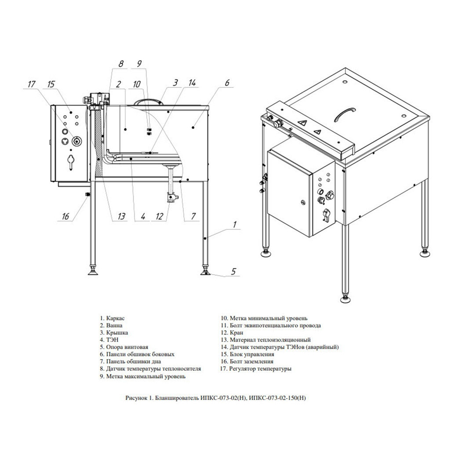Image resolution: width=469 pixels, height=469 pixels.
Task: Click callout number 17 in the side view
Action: tap(31, 84)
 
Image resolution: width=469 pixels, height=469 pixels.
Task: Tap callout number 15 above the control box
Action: tap(51, 84)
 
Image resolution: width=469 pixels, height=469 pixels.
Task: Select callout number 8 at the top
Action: tap(121, 64)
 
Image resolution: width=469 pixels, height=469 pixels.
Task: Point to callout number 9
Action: tap(139, 64)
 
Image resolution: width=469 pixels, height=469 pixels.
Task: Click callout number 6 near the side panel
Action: tap(227, 82)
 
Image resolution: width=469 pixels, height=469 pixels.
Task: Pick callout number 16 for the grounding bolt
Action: tap(65, 216)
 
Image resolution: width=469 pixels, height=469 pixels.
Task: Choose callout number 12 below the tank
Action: tap(160, 216)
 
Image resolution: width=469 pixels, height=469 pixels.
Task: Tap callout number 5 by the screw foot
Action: tap(233, 271)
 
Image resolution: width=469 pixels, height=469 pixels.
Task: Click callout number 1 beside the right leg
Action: tap(235, 224)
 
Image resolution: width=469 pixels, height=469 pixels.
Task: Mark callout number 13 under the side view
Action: tap(121, 216)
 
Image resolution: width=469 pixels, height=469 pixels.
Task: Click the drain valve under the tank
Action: tap(172, 198)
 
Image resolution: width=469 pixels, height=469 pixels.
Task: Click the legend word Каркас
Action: tap(116, 318)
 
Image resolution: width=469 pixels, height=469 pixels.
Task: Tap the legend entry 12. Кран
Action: tap(232, 333)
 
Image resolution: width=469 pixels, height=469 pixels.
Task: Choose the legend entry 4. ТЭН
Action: tap(109, 340)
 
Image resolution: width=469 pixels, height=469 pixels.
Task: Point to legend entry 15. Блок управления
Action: tap(247, 354)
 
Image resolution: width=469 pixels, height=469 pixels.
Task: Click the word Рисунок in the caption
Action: tap(136, 398)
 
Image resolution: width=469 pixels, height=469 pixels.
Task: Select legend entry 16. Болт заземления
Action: tap(247, 362)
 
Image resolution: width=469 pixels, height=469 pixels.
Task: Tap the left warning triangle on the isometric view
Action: tap(302, 122)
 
